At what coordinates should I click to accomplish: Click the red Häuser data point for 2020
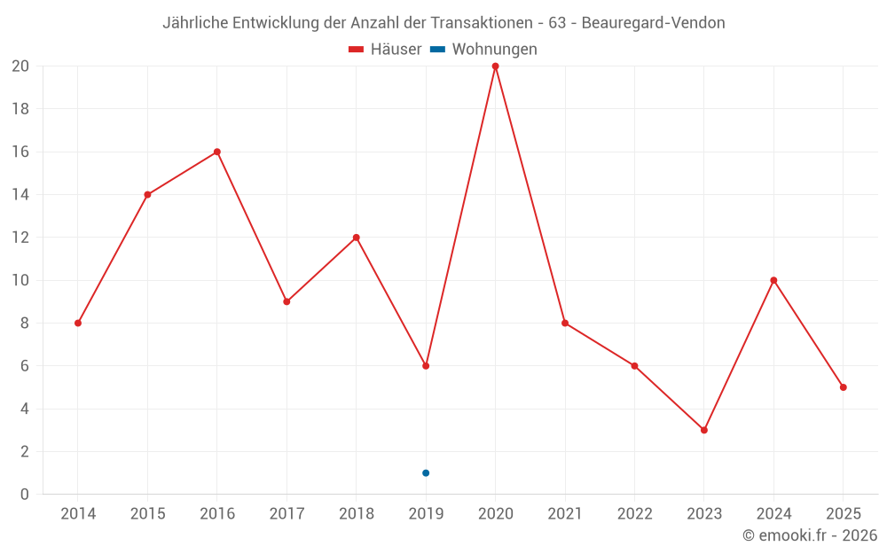click(x=495, y=66)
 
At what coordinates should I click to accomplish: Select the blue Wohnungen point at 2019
click(x=426, y=472)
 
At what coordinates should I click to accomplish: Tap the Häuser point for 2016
click(x=216, y=152)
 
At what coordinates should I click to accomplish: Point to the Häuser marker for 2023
click(x=703, y=430)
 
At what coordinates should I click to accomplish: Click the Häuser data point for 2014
click(x=78, y=323)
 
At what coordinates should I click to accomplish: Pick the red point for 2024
click(x=773, y=280)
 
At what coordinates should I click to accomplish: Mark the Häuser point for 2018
click(x=356, y=238)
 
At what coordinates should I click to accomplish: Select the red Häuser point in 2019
click(x=426, y=365)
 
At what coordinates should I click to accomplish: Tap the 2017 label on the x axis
click(x=287, y=513)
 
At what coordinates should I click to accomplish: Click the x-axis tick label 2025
click(x=843, y=513)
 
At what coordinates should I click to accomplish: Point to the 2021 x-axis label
click(x=565, y=513)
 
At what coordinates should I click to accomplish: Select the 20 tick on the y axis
click(x=20, y=66)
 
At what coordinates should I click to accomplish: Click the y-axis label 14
click(x=20, y=195)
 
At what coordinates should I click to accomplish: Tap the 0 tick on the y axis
click(x=24, y=495)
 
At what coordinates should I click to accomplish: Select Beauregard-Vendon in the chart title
click(x=653, y=23)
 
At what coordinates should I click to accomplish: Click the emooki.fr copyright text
click(x=810, y=535)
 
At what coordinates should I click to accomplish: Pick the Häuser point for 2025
click(x=843, y=387)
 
